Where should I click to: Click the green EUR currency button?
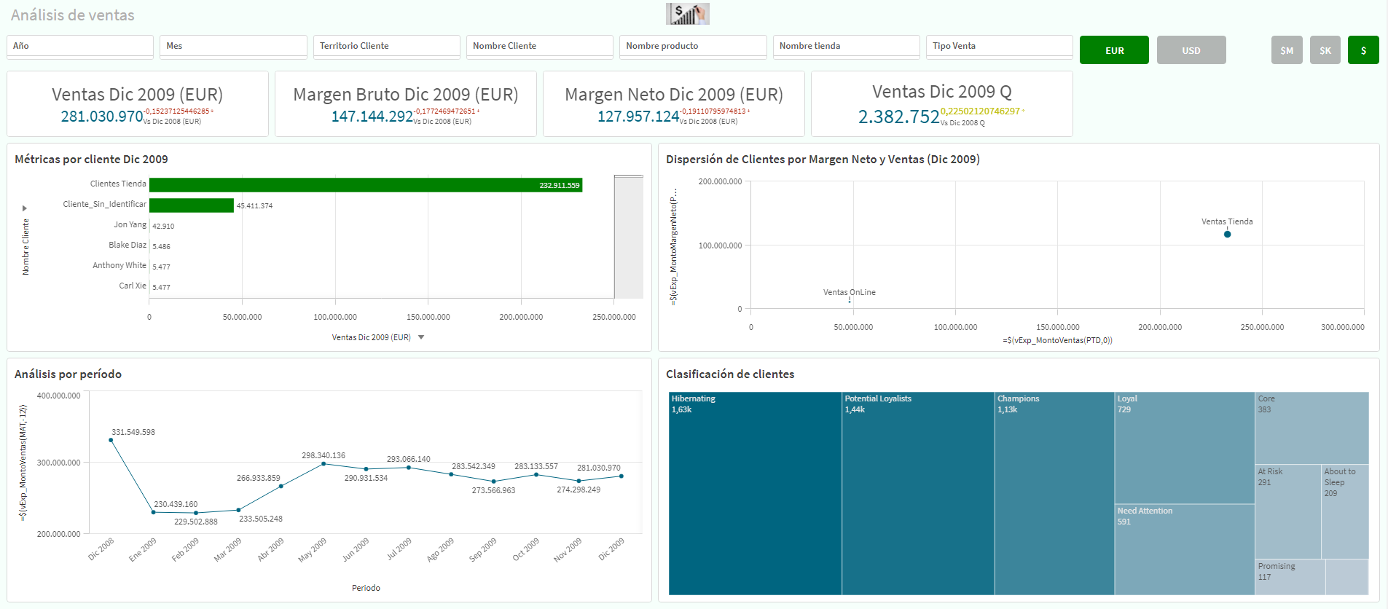tap(1114, 50)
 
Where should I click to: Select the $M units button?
tap(1287, 50)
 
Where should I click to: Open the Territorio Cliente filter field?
tap(386, 46)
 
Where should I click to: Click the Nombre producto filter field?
tap(692, 46)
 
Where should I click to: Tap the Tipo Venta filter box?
tap(998, 46)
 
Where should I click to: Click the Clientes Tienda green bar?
tap(364, 185)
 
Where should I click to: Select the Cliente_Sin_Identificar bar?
tap(191, 205)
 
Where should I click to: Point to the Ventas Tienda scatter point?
tap(1227, 234)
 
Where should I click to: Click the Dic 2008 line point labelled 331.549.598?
tap(111, 440)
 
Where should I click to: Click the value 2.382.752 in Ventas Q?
tap(898, 117)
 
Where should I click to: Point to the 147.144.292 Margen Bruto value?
tap(372, 117)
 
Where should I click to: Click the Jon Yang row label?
tap(130, 225)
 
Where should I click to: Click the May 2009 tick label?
tap(313, 550)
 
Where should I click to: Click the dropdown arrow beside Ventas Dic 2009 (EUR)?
tap(421, 337)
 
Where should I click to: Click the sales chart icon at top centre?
tap(687, 14)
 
